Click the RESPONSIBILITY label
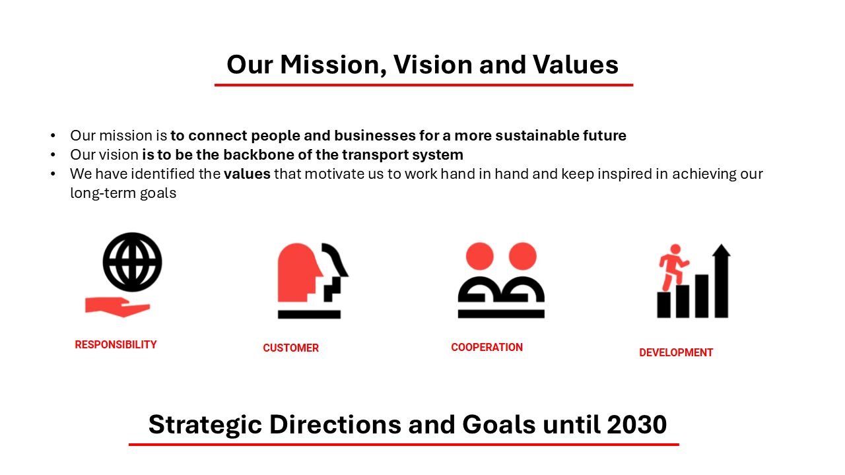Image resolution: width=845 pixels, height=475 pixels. point(116,344)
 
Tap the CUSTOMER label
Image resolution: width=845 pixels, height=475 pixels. point(291,348)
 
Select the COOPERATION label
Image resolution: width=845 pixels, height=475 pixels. point(487,347)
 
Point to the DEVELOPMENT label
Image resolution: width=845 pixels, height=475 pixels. point(676,352)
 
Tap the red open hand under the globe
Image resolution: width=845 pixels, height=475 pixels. point(117,307)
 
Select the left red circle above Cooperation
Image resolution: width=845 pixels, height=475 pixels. point(480,257)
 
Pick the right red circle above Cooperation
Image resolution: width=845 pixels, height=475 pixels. point(523,257)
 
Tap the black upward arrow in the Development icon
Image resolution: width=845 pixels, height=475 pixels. point(722,281)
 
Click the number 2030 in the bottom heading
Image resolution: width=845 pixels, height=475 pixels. point(637,424)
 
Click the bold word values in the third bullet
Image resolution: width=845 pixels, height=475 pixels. point(247,174)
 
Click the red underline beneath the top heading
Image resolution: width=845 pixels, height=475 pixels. point(424,85)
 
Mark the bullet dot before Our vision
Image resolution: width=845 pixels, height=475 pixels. point(53,154)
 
